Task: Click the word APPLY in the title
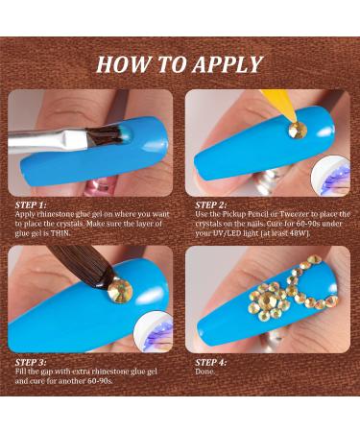[x=228, y=64]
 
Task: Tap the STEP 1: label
[x=31, y=205]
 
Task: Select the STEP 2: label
[x=211, y=205]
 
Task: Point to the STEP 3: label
[x=31, y=363]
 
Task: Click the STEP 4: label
[x=211, y=363]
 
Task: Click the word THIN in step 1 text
[x=60, y=233]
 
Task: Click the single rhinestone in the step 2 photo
[x=298, y=131]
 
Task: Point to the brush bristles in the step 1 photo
[x=107, y=136]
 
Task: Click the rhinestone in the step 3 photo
[x=120, y=289]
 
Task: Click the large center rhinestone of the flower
[x=267, y=300]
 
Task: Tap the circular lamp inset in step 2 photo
[x=331, y=176]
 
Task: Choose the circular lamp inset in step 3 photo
[x=154, y=331]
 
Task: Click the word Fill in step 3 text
[x=21, y=372]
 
